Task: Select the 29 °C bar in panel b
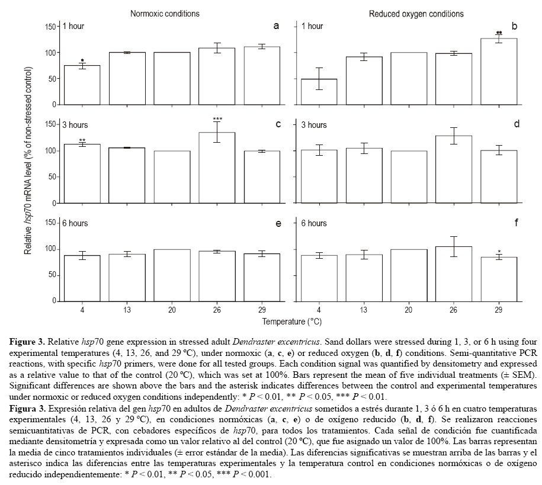tap(499, 72)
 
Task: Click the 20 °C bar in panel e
tap(172, 275)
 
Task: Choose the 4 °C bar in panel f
tap(319, 278)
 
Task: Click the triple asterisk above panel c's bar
tap(217, 120)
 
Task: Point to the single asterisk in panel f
tap(499, 252)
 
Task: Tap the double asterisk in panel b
tap(499, 33)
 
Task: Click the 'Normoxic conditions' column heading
tap(165, 13)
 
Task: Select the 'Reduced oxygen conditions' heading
tap(409, 13)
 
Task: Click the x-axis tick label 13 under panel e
tap(127, 309)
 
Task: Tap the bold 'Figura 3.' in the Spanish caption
tap(27, 409)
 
